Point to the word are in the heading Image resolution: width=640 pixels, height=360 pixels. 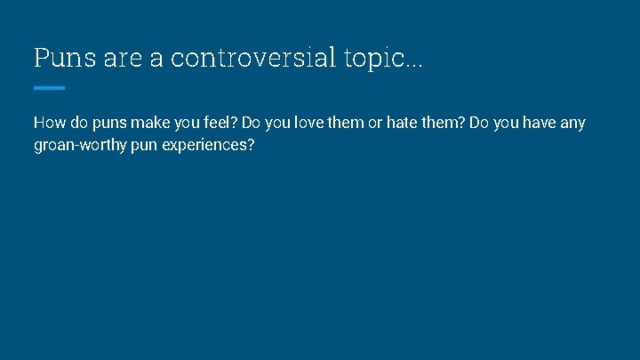pyautogui.click(x=116, y=58)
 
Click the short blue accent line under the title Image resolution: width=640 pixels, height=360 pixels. pyautogui.click(x=49, y=87)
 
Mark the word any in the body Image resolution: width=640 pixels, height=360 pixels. pyautogui.click(x=573, y=123)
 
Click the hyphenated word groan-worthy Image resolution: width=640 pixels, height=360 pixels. pyautogui.click(x=81, y=145)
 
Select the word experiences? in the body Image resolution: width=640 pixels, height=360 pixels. pyautogui.click(x=209, y=145)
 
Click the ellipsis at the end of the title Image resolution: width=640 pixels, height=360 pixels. pyautogui.click(x=415, y=64)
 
